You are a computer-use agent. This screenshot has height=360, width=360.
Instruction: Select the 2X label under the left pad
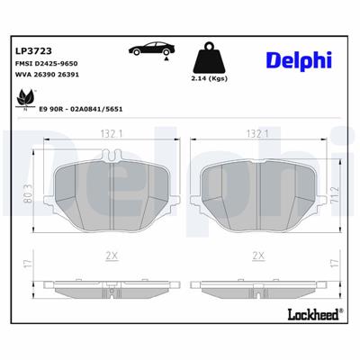(112, 256)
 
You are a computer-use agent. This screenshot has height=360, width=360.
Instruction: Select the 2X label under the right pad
(258, 256)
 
